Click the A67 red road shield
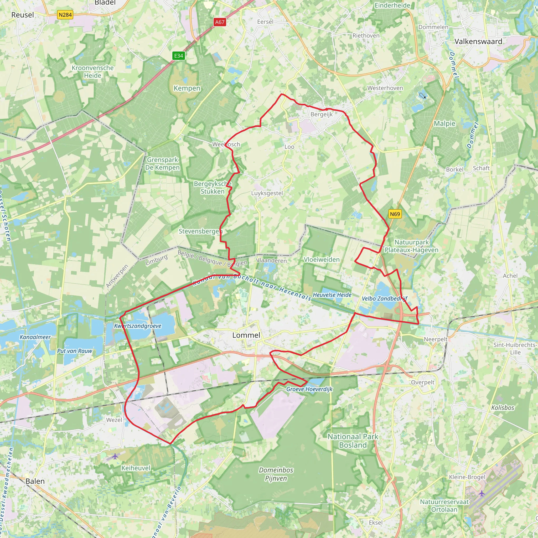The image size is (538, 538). pos(220,22)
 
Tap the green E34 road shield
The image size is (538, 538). pos(178,56)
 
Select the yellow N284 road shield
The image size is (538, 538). pos(65,15)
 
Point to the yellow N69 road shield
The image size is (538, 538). pos(395,214)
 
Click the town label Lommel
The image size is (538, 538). pos(246,335)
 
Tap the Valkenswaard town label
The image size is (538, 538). pos(478,42)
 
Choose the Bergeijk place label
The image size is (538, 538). pos(322,114)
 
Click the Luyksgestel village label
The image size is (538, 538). pos(267,193)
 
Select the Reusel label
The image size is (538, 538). pos(23,15)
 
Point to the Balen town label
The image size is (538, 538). pos(35,481)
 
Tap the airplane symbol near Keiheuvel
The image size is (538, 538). pos(115,456)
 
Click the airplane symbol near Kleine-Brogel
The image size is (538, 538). pos(482,493)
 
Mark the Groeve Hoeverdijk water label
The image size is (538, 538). pos(309,389)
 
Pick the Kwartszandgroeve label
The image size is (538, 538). pos(138,326)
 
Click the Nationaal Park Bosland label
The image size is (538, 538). pos(353,441)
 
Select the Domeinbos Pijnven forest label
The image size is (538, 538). pos(276,474)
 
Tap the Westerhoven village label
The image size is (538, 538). pos(385,88)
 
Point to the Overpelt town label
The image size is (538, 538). pos(422,382)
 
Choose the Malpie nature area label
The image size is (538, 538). pos(444,123)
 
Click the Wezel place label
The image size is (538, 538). pos(114,420)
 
